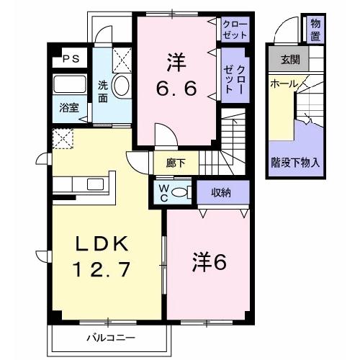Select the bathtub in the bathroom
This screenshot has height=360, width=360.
point(70,86)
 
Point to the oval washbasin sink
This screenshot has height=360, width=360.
point(122,86)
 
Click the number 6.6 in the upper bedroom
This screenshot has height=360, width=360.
point(176,90)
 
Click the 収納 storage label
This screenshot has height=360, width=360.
point(221,191)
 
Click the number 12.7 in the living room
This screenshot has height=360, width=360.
point(101,272)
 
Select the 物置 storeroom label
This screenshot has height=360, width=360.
point(315,30)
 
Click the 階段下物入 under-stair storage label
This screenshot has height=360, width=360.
point(296,161)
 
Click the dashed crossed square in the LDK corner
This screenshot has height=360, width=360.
point(64,138)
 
